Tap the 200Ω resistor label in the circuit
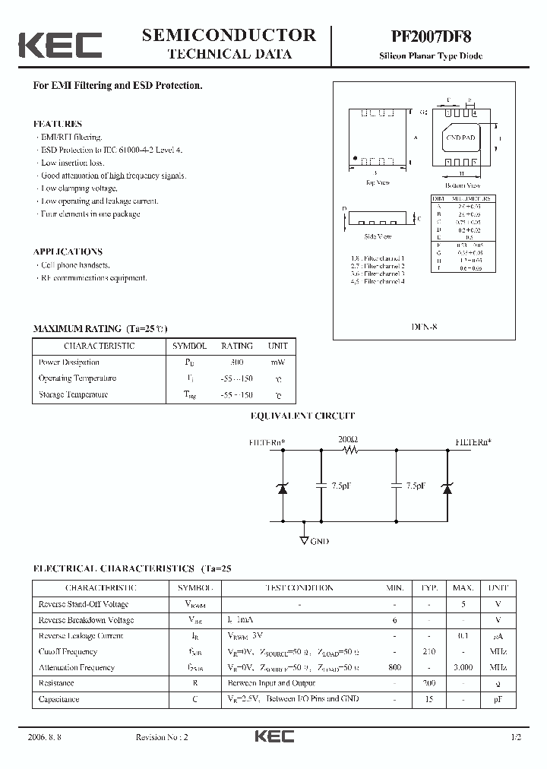point(348,439)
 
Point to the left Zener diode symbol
point(283,487)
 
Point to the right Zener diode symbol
point(447,487)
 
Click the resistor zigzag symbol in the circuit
point(350,450)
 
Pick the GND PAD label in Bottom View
point(460,138)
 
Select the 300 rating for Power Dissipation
point(236,362)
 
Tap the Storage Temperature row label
point(73,394)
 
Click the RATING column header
point(236,346)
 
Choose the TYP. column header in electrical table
point(429,587)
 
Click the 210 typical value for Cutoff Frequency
point(429,651)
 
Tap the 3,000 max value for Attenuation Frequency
point(463,667)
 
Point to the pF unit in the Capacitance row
point(498,698)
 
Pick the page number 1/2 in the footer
point(517,736)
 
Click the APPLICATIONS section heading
point(68,252)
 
